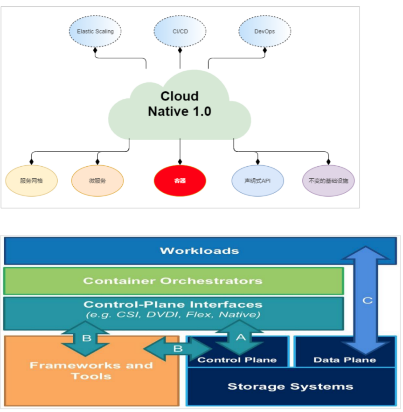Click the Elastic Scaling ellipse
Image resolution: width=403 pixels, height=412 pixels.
pyautogui.click(x=95, y=32)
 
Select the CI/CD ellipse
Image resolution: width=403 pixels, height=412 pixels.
pyautogui.click(x=180, y=32)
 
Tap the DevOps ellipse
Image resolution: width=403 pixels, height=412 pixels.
pyautogui.click(x=264, y=32)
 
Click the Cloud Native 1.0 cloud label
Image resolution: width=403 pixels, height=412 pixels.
pyautogui.click(x=180, y=104)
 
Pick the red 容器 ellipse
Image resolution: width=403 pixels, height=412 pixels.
pyautogui.click(x=180, y=181)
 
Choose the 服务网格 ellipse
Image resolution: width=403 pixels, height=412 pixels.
pyautogui.click(x=32, y=181)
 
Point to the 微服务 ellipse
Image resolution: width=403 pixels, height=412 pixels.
pyautogui.click(x=97, y=181)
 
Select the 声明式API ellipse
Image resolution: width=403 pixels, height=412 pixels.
pyautogui.click(x=257, y=181)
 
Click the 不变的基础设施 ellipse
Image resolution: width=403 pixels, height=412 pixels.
pyautogui.click(x=328, y=181)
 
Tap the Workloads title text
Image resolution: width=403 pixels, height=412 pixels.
pyautogui.click(x=199, y=251)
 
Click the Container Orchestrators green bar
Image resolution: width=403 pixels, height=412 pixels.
pyautogui.click(x=173, y=281)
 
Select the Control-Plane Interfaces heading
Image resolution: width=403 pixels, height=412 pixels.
pyautogui.click(x=173, y=304)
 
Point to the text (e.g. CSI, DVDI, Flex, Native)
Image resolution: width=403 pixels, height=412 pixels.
pyautogui.click(x=173, y=315)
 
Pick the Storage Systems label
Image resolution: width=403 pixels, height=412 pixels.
pyautogui.click(x=290, y=386)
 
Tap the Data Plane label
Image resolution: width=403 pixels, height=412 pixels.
pyautogui.click(x=345, y=360)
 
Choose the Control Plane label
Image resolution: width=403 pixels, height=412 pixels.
pyautogui.click(x=237, y=360)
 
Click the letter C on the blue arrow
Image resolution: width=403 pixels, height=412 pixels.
pyautogui.click(x=368, y=300)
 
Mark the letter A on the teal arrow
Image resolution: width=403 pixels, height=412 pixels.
pyautogui.click(x=240, y=338)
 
